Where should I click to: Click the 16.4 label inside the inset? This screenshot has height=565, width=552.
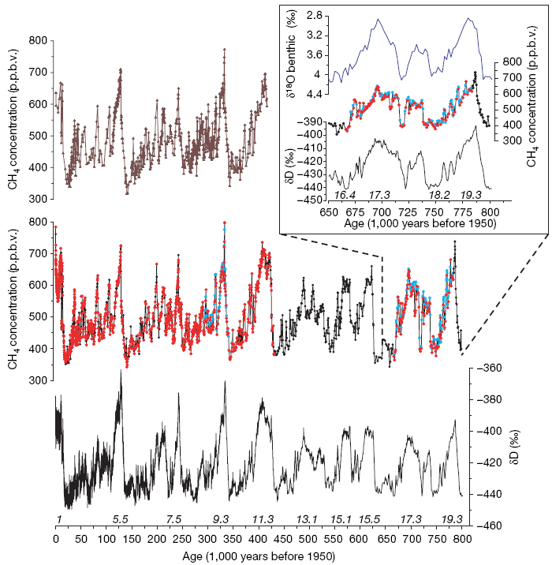[x=345, y=194]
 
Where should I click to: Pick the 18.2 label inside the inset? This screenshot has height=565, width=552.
[x=439, y=194]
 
